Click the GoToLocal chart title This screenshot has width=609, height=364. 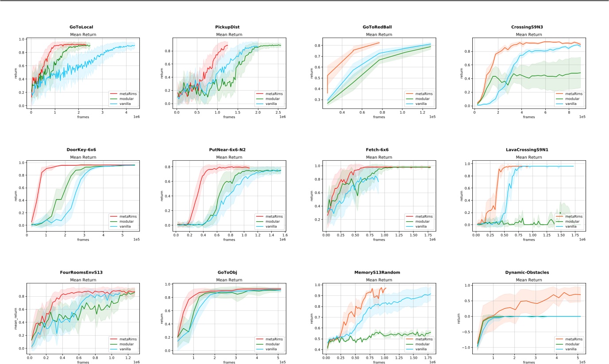pos(81,27)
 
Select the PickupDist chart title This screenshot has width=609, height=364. pos(227,27)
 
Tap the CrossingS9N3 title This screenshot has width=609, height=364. pos(526,27)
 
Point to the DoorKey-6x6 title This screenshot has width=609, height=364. pos(81,150)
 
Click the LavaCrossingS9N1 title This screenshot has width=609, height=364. pos(526,150)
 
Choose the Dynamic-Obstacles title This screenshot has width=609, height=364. pos(526,272)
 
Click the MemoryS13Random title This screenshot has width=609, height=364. pos(377,272)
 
